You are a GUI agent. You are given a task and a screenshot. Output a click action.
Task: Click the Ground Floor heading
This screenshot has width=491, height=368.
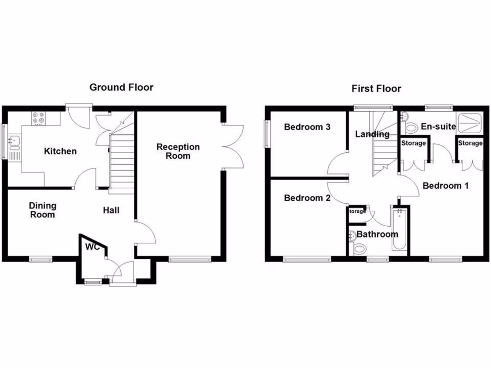pos(121,87)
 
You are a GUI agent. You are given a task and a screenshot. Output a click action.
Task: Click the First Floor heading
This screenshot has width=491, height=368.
pos(376,89)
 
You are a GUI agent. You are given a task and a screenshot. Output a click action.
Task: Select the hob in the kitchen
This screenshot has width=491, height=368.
pos(38,118)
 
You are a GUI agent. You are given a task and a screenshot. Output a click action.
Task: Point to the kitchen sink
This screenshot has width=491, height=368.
pos(14,141)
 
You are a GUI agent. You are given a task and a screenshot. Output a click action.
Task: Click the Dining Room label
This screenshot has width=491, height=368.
pos(42,210)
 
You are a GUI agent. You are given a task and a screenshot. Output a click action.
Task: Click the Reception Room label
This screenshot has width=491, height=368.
pos(178,151)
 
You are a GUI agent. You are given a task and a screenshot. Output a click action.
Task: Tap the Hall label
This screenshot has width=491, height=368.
pos(111,210)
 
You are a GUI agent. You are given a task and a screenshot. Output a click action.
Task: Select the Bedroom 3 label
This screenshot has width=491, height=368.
pos(307,127)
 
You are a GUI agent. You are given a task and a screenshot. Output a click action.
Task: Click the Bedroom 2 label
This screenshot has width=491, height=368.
pos(307,198)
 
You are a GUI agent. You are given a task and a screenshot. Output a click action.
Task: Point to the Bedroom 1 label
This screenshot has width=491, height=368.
pos(445,186)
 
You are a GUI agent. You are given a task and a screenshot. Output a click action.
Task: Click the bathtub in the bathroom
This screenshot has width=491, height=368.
pos(399,230)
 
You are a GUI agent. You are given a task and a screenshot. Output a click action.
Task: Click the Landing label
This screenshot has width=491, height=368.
pos(372,135)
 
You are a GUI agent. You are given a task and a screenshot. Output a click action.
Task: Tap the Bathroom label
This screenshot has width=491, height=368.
pos(377,235)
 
